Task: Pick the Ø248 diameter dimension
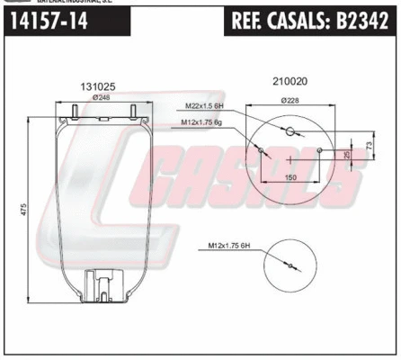pos(100,98)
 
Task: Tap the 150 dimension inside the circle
pos(291,177)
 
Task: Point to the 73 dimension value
pos(369,147)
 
